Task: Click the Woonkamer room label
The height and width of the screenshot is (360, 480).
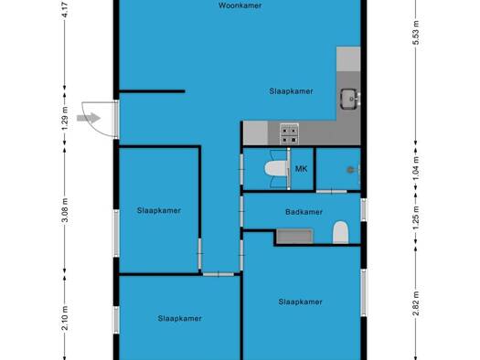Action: [240, 5]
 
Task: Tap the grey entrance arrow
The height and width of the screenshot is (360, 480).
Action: [89, 118]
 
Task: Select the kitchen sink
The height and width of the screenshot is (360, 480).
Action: [350, 99]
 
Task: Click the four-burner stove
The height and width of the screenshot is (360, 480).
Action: [289, 134]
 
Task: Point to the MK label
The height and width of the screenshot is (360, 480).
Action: [301, 169]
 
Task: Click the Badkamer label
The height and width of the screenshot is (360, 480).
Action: [304, 212]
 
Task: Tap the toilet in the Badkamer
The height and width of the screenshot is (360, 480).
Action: [340, 232]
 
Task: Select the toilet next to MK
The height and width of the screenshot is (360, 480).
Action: [276, 168]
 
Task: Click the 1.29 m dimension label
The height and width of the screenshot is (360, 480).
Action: [65, 119]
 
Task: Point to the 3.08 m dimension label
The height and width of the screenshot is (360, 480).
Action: [65, 210]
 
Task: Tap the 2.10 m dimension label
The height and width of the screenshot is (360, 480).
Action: [65, 318]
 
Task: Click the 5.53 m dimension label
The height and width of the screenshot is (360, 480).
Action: [416, 32]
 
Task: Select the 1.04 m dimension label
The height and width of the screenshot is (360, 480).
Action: [416, 168]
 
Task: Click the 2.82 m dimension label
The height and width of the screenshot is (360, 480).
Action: [416, 302]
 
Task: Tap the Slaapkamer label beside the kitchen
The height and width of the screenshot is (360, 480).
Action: [291, 91]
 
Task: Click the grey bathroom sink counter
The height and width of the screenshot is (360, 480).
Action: [294, 236]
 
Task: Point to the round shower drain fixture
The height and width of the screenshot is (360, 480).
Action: [350, 170]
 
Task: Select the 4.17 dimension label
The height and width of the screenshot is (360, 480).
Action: [65, 10]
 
